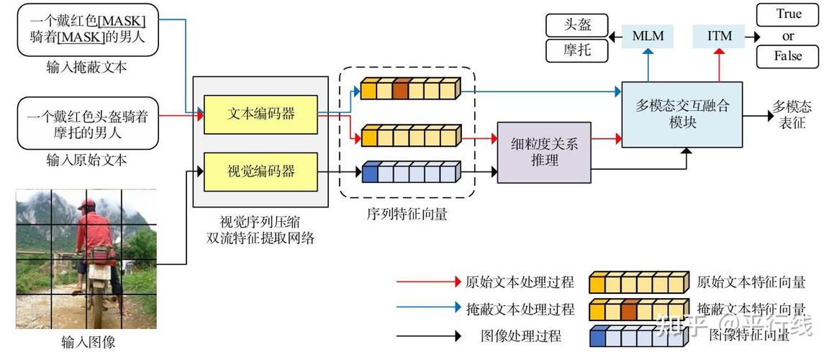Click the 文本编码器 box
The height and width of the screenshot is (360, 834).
coord(260,114)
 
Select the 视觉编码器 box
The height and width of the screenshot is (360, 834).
coord(260,171)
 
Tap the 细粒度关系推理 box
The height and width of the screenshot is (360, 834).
coord(544,153)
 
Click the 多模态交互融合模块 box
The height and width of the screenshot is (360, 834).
coord(682,114)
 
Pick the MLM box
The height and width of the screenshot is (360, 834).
coord(648,36)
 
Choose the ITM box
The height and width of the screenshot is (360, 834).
coord(719,36)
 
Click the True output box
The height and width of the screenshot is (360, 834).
coord(788,14)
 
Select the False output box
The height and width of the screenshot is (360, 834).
coord(788,56)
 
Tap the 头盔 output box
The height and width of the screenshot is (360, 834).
coord(577,25)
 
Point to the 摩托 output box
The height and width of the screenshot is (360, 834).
coord(577,50)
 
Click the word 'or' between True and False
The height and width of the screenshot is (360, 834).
coord(788,36)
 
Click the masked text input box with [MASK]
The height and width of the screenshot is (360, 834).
coord(89,30)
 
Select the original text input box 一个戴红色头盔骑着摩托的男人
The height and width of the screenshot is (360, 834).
coord(89,123)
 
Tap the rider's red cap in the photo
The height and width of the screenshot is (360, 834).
coord(86,204)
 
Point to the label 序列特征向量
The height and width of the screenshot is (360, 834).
coord(407,214)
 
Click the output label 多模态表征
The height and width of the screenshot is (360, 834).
coord(792,114)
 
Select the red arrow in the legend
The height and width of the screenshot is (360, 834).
coord(429,282)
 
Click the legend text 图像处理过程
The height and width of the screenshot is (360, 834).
coord(521,336)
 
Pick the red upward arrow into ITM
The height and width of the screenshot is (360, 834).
coord(719,64)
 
